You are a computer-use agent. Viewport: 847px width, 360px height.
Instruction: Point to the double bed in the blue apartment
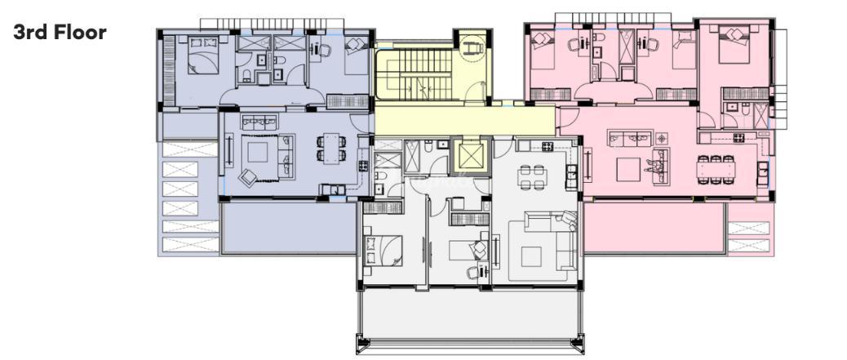203,55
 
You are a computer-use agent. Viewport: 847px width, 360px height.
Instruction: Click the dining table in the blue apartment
331,147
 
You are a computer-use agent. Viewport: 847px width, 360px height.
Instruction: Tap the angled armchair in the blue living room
248,177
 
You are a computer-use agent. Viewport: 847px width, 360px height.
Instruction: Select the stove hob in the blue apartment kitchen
363,166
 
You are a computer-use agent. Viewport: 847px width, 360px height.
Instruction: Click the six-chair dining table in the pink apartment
716,170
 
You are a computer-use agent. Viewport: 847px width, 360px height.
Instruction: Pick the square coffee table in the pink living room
628,169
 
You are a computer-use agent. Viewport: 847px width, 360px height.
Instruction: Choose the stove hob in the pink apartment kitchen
739,137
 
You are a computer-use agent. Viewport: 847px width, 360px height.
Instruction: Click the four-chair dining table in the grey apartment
531,177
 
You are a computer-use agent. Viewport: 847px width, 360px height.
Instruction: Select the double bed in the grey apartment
383,251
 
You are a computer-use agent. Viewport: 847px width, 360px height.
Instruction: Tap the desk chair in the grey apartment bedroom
474,273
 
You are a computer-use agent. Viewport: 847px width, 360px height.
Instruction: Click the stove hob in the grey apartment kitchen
547,146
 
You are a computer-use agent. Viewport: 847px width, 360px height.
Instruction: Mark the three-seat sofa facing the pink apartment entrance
630,138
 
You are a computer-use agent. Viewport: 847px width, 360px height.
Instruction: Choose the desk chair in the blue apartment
324,51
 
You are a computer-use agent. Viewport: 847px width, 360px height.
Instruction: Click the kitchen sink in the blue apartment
333,189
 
